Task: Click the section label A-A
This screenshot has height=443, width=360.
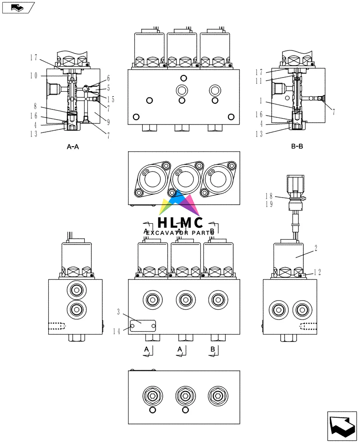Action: [72, 147]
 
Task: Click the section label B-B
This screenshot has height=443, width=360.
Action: [297, 146]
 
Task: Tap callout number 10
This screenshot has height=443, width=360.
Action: [34, 76]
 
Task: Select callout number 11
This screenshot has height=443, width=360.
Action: [259, 81]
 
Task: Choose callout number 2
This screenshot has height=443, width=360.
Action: [316, 249]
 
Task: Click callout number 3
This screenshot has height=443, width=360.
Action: [119, 311]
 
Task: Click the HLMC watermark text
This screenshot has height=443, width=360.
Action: [180, 223]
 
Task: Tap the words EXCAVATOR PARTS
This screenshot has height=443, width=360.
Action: [180, 233]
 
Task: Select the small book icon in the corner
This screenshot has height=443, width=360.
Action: [17, 7]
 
